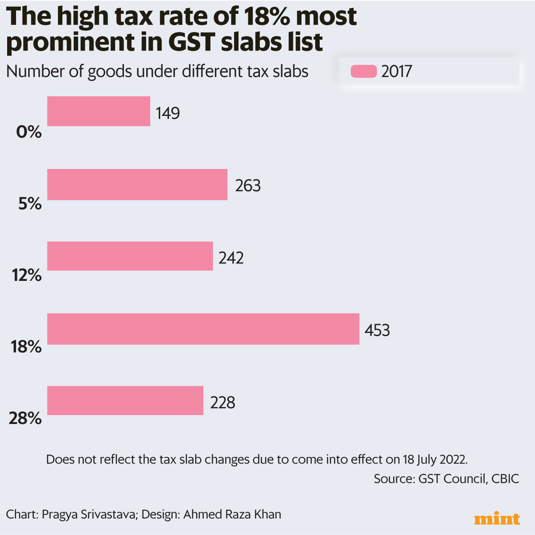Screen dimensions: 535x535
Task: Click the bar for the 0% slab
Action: (x=99, y=111)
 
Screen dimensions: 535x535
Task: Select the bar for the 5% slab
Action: (x=137, y=185)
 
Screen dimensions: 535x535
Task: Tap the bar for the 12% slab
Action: (x=130, y=256)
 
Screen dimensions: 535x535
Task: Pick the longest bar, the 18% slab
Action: (x=203, y=329)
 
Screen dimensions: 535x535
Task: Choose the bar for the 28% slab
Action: (x=125, y=400)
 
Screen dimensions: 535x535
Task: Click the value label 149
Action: (x=168, y=113)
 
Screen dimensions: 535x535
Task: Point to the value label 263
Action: (x=248, y=185)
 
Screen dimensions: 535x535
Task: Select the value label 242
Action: (x=231, y=258)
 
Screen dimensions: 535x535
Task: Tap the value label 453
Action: (x=377, y=330)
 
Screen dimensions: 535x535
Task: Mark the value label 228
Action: (x=222, y=403)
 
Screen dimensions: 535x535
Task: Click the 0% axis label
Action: (x=29, y=132)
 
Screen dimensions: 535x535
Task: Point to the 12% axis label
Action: (x=27, y=276)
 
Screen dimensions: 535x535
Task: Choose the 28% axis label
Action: (x=25, y=418)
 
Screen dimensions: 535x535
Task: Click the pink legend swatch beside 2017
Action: (x=363, y=71)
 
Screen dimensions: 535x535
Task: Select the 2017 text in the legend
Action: (x=396, y=71)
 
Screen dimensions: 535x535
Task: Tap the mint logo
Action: (x=497, y=519)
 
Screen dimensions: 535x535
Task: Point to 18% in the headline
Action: (x=267, y=16)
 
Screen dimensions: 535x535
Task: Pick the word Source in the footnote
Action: (x=394, y=479)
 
